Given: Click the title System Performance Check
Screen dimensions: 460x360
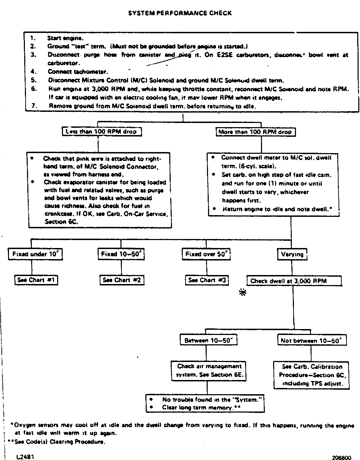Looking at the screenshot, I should click(x=180, y=13).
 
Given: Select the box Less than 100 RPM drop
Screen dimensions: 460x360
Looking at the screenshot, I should click(x=102, y=132).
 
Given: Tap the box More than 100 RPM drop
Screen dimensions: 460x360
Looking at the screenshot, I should click(x=255, y=132).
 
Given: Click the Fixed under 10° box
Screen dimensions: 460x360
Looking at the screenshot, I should click(x=35, y=254).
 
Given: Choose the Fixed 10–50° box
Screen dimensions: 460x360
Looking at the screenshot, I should click(x=121, y=254).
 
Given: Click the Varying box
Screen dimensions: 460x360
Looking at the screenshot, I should click(x=292, y=254).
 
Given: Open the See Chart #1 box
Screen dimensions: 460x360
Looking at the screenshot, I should click(x=36, y=280).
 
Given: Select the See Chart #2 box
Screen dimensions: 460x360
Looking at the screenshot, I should click(x=122, y=280).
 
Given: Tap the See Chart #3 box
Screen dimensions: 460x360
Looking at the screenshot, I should click(x=207, y=280).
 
